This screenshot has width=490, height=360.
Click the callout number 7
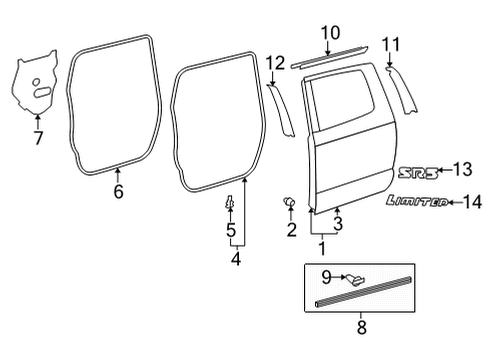point(39,138)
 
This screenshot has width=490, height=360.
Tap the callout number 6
point(118,191)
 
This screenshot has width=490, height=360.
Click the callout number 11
point(391,44)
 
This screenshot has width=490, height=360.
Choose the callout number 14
point(472,202)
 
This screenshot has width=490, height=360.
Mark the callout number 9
point(325,276)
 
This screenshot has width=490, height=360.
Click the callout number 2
point(291,231)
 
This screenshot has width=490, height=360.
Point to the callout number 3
point(338,224)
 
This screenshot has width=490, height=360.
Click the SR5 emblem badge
point(418,171)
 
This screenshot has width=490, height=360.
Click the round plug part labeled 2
point(291,203)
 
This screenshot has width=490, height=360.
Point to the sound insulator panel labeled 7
point(36,89)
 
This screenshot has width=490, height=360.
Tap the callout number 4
point(236,263)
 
